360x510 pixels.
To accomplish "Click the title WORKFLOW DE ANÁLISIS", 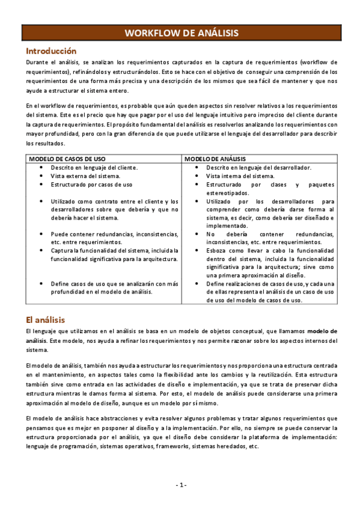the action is [180, 34].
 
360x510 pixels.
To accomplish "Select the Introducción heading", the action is [51, 51].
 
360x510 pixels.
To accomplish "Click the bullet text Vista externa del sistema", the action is [85, 176].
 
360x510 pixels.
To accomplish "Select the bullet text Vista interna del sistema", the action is [240, 176].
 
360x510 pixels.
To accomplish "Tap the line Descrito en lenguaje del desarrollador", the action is [258, 168].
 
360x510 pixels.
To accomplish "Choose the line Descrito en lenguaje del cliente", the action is [94, 168].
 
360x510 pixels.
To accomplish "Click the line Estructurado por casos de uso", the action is [91, 185].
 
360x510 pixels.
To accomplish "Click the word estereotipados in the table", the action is [230, 193].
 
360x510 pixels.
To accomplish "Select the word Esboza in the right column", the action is [218, 250].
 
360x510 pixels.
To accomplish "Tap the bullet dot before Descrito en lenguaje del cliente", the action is [40, 168].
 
